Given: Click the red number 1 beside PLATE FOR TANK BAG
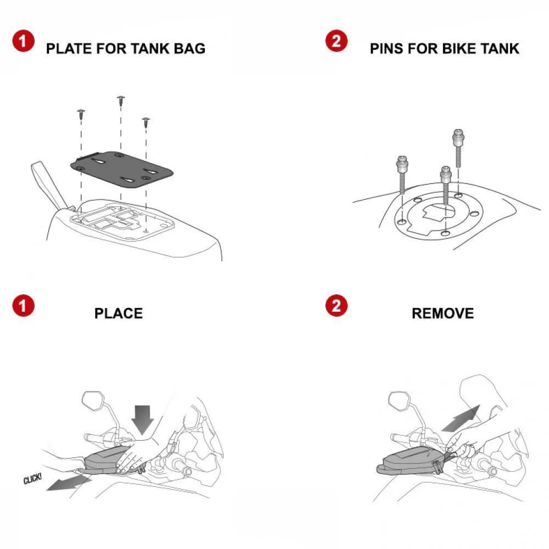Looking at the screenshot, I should tap(24, 41).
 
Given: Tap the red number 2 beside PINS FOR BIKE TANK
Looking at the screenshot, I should tap(337, 41).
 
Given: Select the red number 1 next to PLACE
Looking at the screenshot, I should tap(24, 306).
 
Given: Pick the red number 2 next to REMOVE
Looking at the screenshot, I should tap(337, 306).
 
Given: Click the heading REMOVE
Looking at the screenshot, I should tap(442, 313).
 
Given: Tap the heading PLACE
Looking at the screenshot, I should tap(118, 313).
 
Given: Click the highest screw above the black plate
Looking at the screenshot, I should tap(121, 100).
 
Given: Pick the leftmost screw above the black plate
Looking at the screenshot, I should tap(81, 114).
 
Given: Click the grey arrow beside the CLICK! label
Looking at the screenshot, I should tap(68, 483).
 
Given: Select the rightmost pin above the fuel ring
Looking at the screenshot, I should tap(457, 144).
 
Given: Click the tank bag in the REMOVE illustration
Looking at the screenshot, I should tap(409, 458).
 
